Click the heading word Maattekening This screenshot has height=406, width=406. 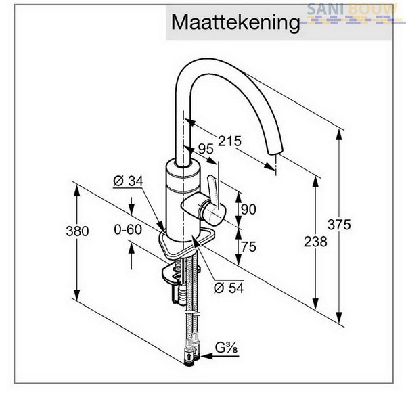(235, 23)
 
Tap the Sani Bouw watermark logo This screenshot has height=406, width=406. (351, 14)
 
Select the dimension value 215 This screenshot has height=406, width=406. (229, 141)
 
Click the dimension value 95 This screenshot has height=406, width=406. (206, 149)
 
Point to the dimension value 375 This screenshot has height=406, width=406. (339, 225)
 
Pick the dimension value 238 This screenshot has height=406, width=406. (315, 242)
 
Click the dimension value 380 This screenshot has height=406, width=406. (77, 231)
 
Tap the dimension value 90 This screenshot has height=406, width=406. (248, 209)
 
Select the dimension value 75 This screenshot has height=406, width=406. (248, 247)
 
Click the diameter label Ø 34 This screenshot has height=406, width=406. (128, 181)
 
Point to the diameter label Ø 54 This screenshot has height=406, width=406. (229, 288)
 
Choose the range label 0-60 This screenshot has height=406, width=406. (128, 229)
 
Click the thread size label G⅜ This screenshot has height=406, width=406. (226, 348)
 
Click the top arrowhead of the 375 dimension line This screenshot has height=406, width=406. (339, 135)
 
